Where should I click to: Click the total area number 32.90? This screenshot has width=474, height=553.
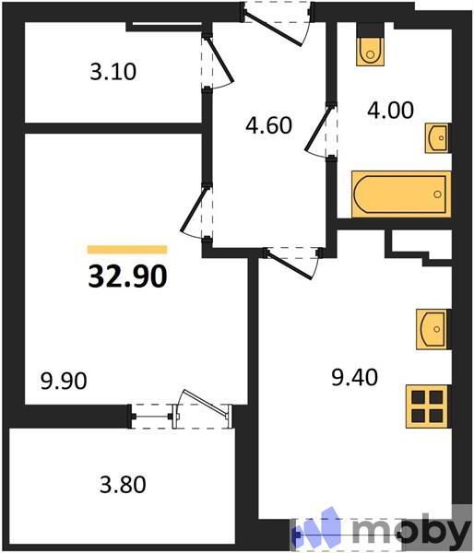(x=127, y=275)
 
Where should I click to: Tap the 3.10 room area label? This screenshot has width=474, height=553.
(x=113, y=72)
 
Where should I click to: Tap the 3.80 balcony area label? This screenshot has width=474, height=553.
(x=123, y=483)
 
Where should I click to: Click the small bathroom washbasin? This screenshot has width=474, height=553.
(x=437, y=139)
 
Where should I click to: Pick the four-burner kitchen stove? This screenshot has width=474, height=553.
(x=428, y=406)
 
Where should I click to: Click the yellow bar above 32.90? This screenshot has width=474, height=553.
(x=127, y=249)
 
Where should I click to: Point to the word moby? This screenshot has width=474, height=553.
(x=411, y=531)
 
